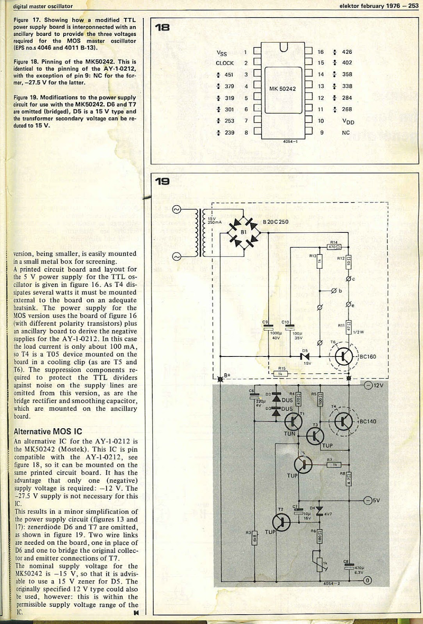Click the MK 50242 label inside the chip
pos(283,89)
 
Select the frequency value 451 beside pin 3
pos(229,75)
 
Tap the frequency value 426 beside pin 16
pos(347,52)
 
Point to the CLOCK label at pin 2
pos(225,63)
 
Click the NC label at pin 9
pos(346,133)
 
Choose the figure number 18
pos(162,27)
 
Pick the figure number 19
pos(162,181)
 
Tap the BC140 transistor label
pos(368,421)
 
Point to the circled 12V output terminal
pos(368,386)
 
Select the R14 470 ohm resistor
pos(334,246)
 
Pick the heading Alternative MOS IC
pos(43,432)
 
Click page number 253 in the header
pos(413,6)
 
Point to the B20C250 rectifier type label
pos(275,222)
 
